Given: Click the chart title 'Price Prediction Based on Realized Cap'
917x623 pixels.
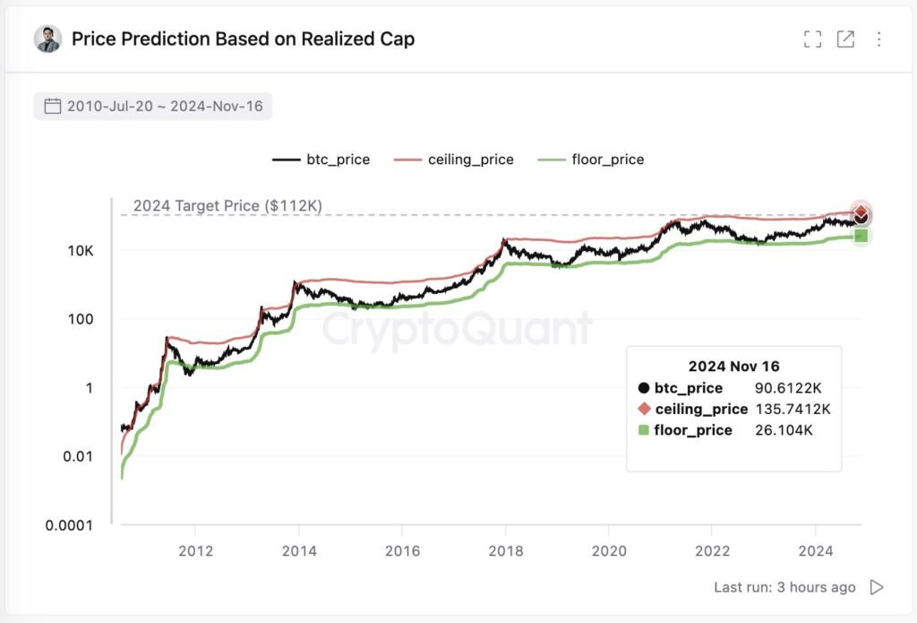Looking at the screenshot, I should click(x=243, y=39).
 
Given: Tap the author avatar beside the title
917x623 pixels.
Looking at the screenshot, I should click(x=47, y=39).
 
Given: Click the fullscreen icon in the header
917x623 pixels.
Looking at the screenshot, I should click(x=812, y=39).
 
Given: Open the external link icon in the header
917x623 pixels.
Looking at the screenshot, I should click(x=845, y=39).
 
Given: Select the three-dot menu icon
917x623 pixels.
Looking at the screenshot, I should click(x=878, y=39).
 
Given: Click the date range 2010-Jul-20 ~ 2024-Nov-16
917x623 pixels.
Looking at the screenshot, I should click(x=153, y=107).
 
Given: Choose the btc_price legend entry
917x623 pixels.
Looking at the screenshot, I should click(x=321, y=160).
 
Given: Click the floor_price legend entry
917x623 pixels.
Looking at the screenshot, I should click(x=591, y=160).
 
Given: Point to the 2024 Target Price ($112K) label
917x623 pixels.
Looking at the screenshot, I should click(x=227, y=205).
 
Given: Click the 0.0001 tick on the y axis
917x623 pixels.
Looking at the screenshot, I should click(x=69, y=525).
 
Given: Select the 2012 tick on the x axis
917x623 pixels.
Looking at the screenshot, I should click(x=195, y=549).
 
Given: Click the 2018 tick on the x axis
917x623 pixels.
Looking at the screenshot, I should click(x=505, y=549).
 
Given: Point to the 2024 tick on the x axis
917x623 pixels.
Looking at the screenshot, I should click(x=816, y=549).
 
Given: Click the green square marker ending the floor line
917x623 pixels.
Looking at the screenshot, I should click(x=861, y=236).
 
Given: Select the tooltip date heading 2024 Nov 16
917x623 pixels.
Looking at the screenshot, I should click(x=733, y=366).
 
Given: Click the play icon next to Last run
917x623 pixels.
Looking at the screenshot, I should click(x=877, y=587).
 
